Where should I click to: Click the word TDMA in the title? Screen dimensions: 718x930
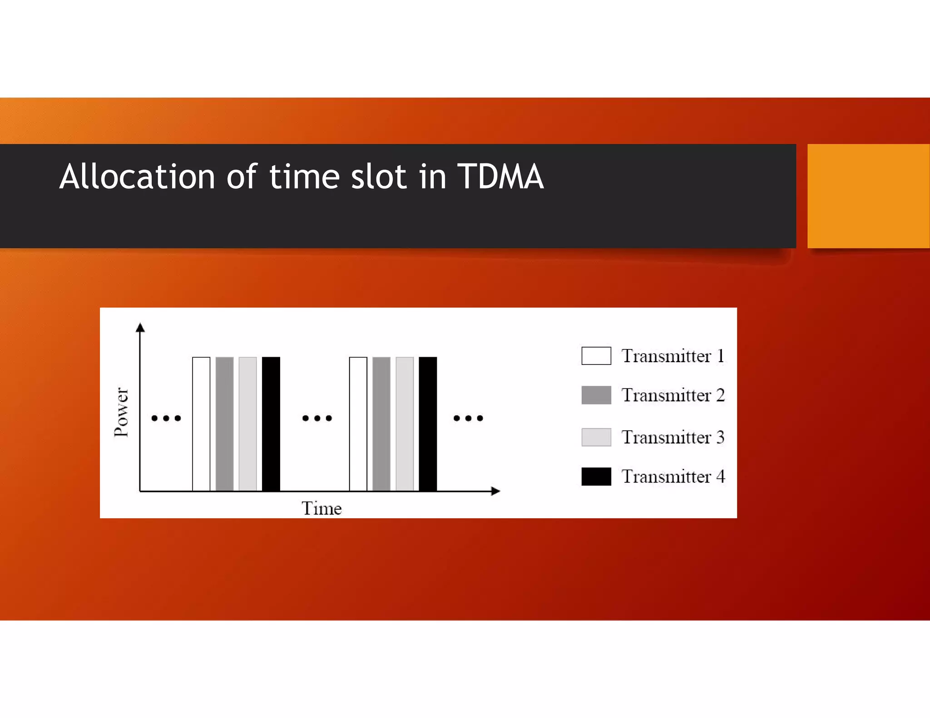tap(500, 177)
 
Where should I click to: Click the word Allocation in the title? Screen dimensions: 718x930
tap(137, 177)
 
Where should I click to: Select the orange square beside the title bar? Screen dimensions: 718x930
tap(868, 196)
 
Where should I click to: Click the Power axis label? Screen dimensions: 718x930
tap(121, 412)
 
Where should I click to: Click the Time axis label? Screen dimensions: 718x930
tap(322, 508)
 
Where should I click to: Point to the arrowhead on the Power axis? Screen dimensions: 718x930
tap(140, 327)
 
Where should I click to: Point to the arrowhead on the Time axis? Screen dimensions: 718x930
tap(495, 491)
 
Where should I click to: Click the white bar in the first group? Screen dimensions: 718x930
tap(201, 424)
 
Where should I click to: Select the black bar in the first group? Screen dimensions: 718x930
tap(271, 424)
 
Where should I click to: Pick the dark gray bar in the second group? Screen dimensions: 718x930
tap(381, 424)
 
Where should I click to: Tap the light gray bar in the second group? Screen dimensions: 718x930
tap(405, 424)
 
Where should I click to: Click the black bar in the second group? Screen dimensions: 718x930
tap(428, 424)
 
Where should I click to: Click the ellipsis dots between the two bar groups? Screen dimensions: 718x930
tap(317, 418)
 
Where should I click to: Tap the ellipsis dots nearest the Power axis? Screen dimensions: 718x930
tap(166, 418)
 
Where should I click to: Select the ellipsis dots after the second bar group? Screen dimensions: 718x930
tap(468, 418)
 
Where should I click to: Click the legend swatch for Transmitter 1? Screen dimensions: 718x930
tap(596, 356)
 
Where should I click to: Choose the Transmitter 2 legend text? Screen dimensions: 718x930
tap(673, 395)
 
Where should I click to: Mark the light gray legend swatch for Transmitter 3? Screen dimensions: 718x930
tap(596, 437)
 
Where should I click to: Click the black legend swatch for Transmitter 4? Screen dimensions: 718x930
tap(596, 477)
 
